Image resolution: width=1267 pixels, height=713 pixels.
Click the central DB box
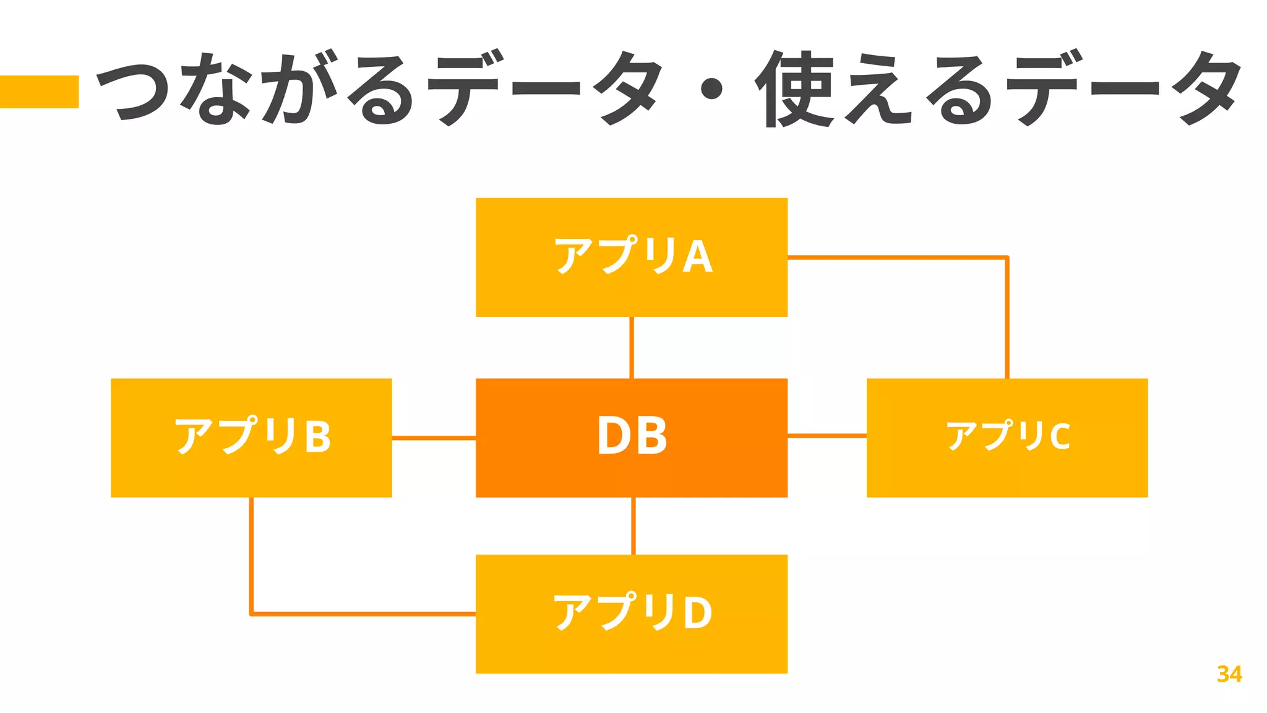631,438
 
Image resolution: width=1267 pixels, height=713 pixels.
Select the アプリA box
631,257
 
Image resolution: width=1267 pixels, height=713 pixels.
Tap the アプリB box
251,438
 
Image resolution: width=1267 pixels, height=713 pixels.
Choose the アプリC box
1007,438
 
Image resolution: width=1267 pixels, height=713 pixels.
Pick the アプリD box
631,613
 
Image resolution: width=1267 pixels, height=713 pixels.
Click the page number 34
1229,674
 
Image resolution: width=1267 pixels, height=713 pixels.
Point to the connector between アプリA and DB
631,347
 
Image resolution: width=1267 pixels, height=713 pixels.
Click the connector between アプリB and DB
434,438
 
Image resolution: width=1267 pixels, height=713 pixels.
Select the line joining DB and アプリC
827,436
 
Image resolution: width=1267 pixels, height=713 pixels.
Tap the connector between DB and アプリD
633,525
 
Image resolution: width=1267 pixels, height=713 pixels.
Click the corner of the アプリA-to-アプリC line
1007,257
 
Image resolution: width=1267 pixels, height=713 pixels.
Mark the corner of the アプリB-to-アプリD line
252,613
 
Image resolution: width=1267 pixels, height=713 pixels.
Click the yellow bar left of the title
39,92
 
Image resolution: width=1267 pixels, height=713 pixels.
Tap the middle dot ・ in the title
711,89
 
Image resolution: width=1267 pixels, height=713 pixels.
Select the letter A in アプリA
697,257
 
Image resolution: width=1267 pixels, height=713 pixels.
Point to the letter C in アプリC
1059,436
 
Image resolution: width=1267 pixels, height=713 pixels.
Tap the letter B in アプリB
318,436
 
